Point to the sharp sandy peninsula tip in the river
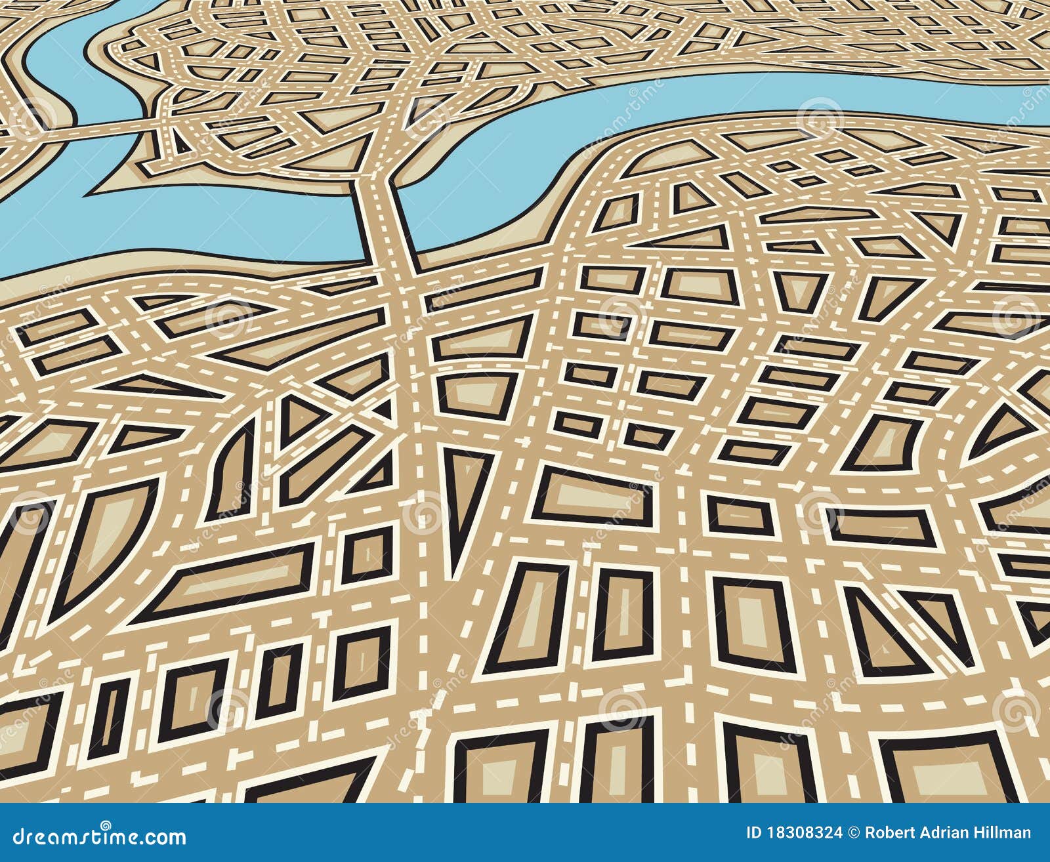[x=98, y=190]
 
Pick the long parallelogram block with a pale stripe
[x=230, y=581]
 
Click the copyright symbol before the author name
[x=853, y=833]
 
